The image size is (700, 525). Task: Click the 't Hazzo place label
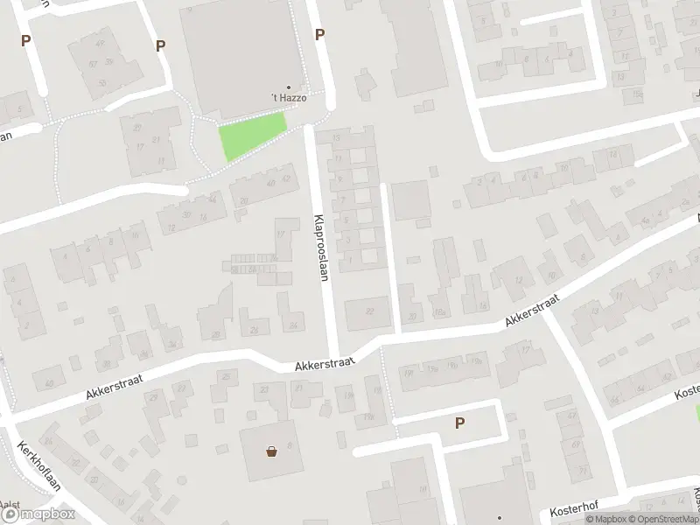coord(289,99)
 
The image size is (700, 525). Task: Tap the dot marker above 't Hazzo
coord(289,87)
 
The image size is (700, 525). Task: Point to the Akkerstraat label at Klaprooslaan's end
coord(320,367)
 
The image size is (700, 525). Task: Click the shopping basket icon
coord(273,451)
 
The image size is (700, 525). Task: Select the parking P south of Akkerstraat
coord(459,423)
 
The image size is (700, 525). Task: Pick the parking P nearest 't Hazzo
coord(320,34)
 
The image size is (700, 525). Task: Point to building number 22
coord(370,311)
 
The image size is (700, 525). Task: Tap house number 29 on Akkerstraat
coord(154,398)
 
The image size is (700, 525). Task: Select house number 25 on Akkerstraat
coord(226,377)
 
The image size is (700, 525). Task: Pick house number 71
coord(583,471)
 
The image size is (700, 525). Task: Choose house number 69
coord(578,458)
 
